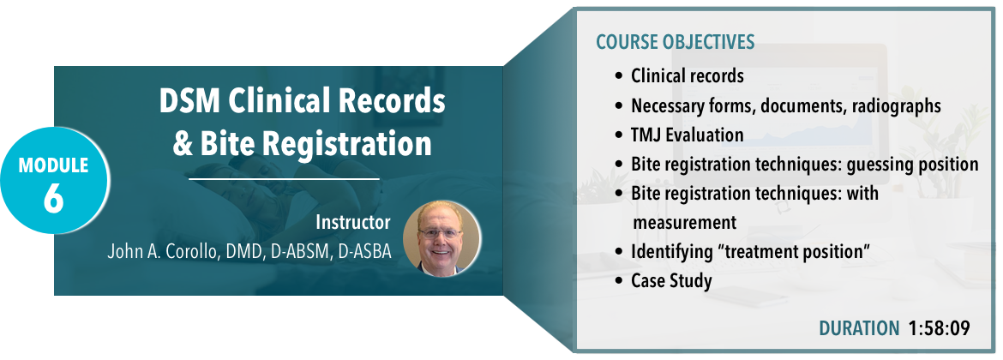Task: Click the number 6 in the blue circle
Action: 53,198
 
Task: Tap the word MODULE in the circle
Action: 53,165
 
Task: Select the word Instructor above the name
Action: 352,223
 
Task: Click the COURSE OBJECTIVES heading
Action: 676,42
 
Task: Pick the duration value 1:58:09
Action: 939,328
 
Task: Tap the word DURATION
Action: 859,328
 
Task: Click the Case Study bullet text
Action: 671,280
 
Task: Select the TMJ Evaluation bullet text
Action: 687,135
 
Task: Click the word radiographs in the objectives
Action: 896,105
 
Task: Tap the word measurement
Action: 684,223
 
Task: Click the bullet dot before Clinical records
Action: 618,77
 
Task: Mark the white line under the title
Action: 284,180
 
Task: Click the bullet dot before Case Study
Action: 618,281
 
